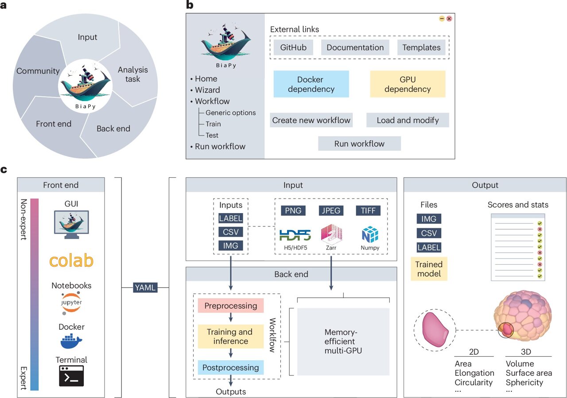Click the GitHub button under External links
[293, 47]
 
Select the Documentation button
[355, 47]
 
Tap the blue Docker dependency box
[311, 84]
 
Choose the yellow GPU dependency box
[407, 84]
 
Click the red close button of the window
[449, 19]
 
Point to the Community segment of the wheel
[38, 71]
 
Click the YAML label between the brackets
[145, 288]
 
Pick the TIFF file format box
[368, 211]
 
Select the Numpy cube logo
[370, 234]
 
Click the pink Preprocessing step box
[230, 306]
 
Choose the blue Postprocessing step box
[230, 367]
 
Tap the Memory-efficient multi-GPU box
[343, 341]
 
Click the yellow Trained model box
[428, 269]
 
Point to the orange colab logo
[71, 261]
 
